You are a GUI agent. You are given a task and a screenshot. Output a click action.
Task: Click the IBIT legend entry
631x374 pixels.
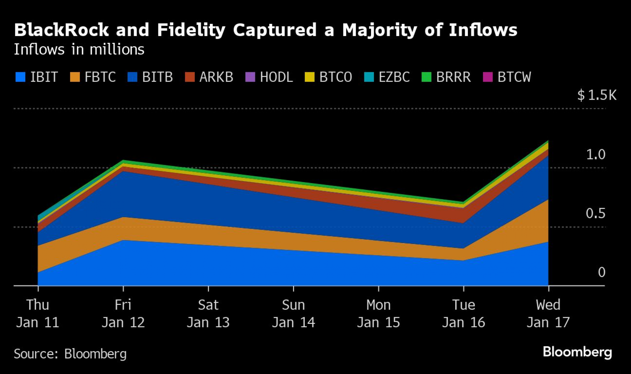[x=37, y=77]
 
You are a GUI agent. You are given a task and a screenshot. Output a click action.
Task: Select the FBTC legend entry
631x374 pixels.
[x=93, y=77]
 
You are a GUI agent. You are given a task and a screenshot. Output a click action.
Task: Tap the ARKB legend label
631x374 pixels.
[x=216, y=77]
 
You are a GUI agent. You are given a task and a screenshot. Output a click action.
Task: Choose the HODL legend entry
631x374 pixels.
[x=269, y=77]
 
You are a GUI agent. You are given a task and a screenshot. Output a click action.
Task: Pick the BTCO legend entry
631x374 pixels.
[x=328, y=77]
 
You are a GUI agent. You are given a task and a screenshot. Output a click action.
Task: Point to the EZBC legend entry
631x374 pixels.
[x=387, y=77]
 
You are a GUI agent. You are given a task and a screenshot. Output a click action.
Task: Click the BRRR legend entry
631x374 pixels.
[x=446, y=77]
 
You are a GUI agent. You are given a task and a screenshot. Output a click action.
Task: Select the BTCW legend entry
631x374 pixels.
[x=507, y=77]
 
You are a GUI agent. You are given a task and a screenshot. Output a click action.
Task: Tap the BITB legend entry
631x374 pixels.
[x=150, y=77]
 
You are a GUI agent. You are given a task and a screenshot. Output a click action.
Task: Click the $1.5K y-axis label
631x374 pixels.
[x=597, y=95]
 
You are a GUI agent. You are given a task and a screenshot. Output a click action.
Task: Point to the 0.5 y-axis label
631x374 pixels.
[x=596, y=213]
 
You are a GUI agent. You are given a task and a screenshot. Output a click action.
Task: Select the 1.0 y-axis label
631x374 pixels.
[x=596, y=154]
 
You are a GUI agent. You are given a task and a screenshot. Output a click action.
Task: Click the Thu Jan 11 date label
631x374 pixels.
[x=38, y=313]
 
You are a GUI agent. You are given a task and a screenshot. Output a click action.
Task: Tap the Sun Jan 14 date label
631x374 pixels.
[x=293, y=313]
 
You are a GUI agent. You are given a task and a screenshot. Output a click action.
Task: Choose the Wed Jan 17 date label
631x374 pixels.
[x=548, y=313]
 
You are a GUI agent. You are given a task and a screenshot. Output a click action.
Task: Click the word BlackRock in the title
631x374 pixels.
[x=62, y=30]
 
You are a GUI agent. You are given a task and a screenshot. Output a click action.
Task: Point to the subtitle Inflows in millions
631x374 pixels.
[x=79, y=50]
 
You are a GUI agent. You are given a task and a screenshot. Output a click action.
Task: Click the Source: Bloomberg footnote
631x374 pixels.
[x=70, y=354]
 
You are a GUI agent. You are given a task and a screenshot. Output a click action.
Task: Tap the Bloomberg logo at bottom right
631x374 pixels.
[x=577, y=352]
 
